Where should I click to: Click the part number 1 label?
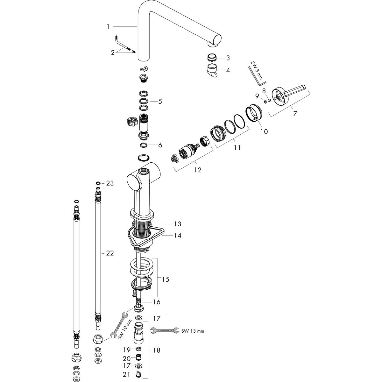click(108, 27)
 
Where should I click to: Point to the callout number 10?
click(265, 131)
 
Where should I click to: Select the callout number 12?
click(198, 170)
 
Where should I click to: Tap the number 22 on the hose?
click(110, 253)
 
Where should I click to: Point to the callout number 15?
click(165, 279)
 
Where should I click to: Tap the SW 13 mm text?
click(193, 331)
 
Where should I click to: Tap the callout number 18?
click(156, 350)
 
